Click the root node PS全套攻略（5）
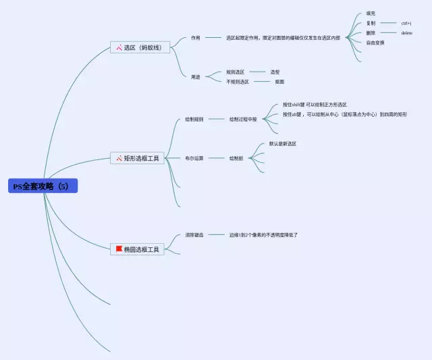pos(43,186)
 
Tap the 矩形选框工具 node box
pos(138,158)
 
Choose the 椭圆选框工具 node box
pos(138,249)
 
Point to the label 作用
pos(195,38)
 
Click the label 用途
pos(195,76)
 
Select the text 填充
pos(371,14)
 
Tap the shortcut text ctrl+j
pos(406,23)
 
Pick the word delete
pos(406,32)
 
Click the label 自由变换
pos(375,42)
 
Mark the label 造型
pos(275,72)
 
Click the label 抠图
pos(279,82)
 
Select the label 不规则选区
pos(238,82)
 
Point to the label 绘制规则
pos(194,119)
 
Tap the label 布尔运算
pos(194,158)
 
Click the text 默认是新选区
pos(283,144)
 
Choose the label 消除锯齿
pos(194,234)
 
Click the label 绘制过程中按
pos(243,119)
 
